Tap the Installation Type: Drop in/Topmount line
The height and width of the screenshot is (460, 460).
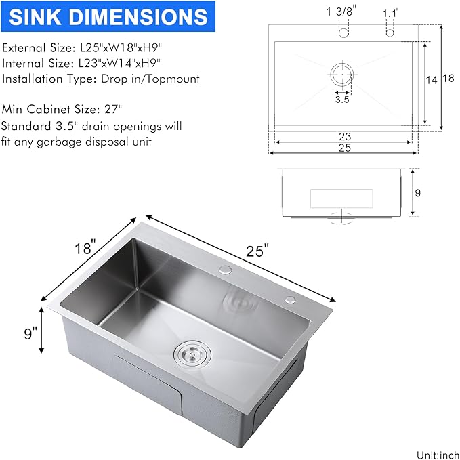101,79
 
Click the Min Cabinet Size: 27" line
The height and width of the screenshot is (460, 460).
66,109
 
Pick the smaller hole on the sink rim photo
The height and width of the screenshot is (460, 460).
291,299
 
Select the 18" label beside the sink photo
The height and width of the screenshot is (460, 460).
85,245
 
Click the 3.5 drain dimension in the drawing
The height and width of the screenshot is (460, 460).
342,100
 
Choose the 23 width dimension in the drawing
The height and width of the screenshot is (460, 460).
344,136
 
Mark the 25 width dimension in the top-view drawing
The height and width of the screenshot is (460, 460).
344,148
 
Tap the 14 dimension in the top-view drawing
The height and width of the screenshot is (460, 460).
432,79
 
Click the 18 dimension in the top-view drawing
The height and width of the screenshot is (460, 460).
447,78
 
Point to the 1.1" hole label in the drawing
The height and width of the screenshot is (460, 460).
391,12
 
